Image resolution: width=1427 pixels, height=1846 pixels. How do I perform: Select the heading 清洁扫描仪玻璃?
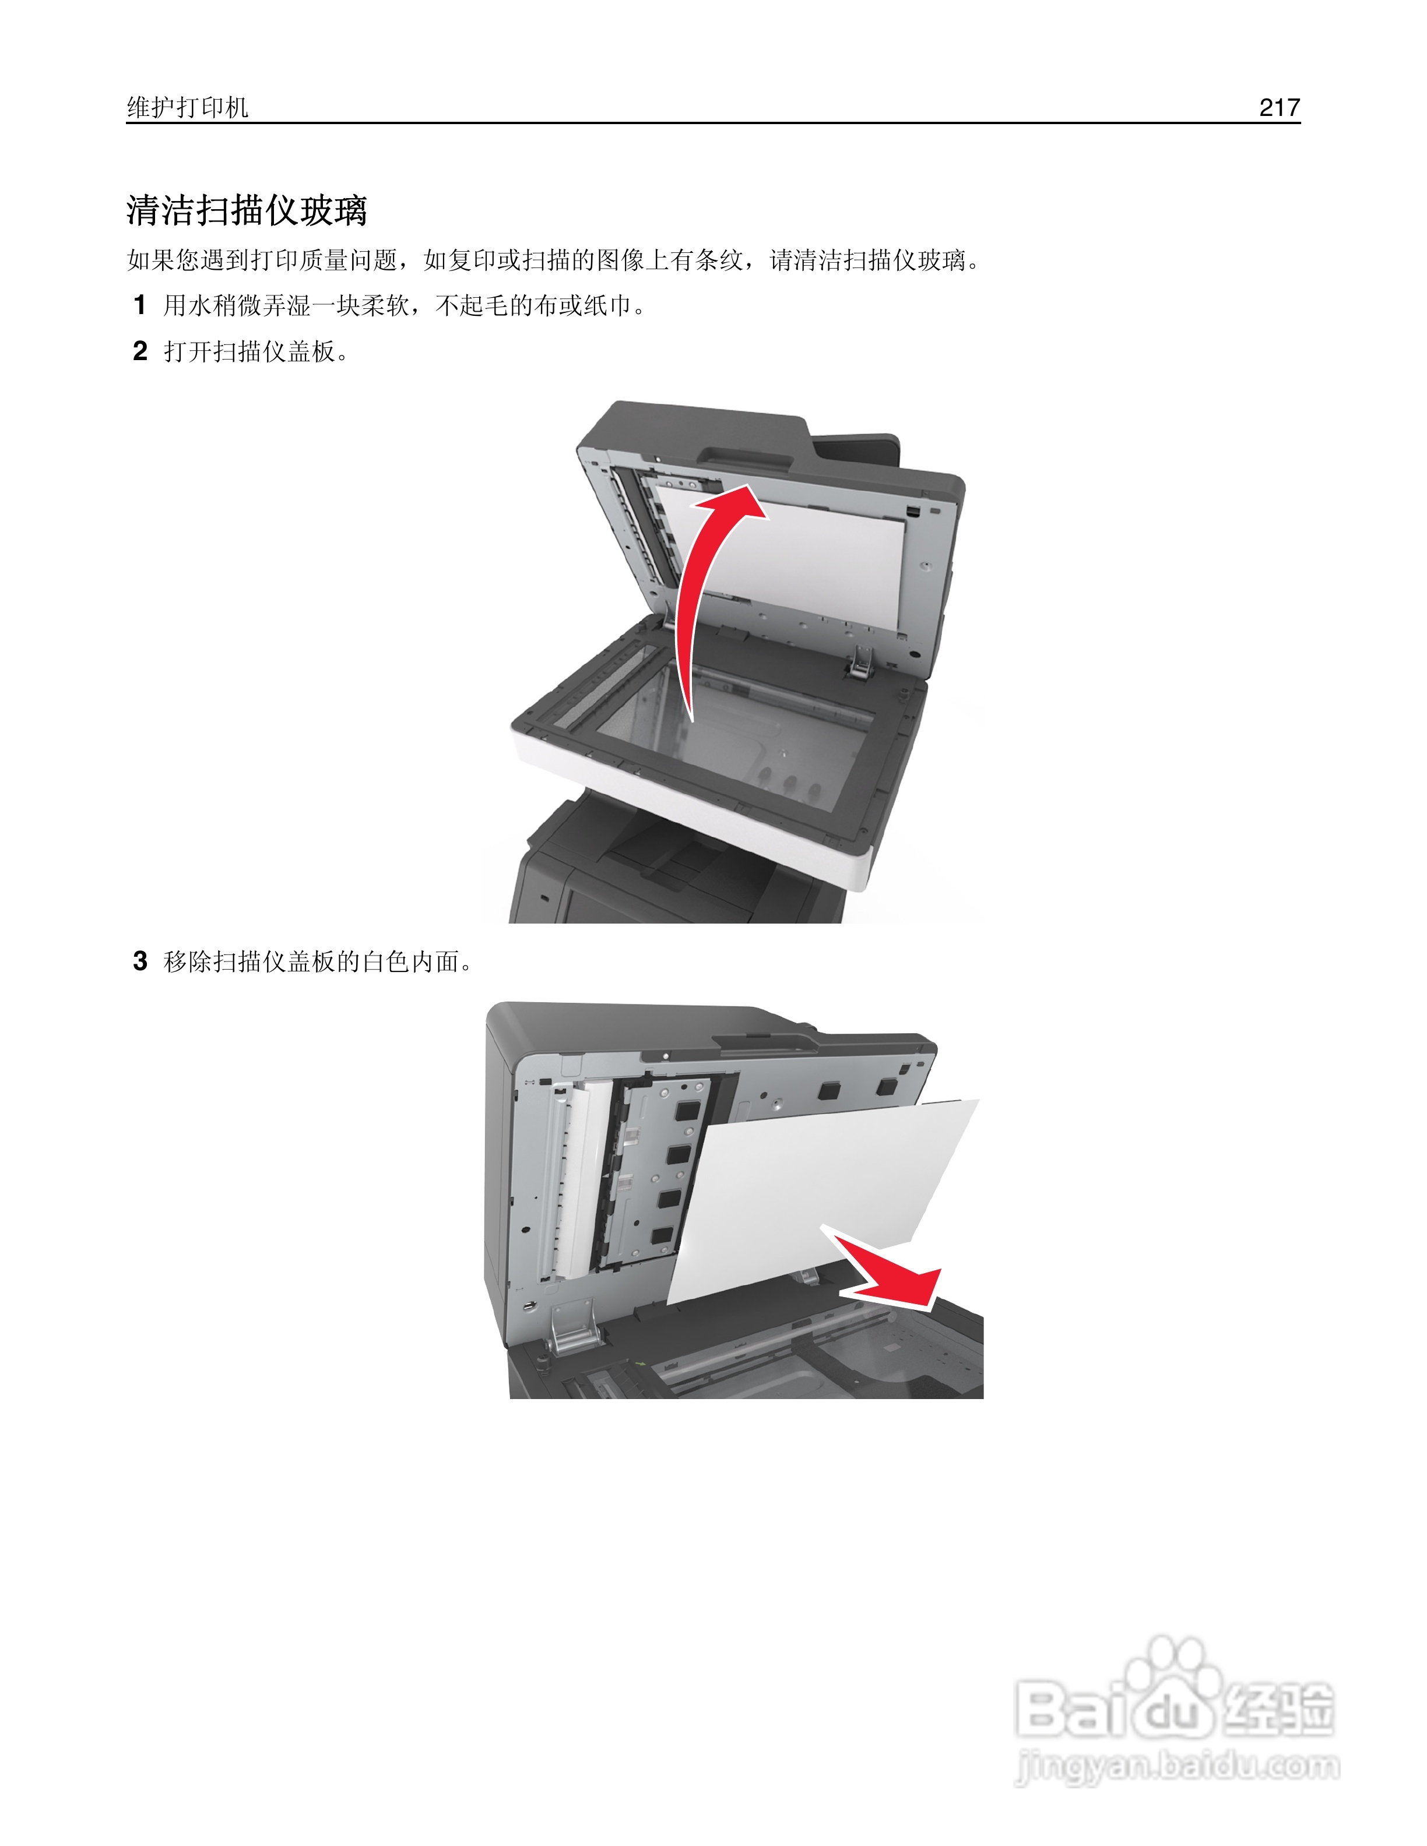pyautogui.click(x=247, y=210)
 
